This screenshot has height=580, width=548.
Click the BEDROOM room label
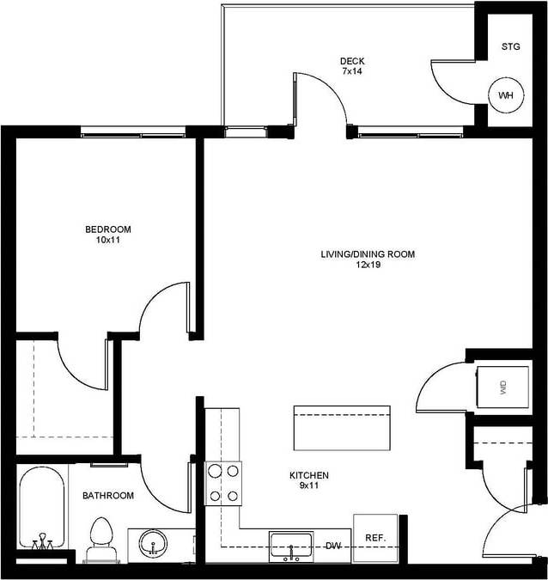107,229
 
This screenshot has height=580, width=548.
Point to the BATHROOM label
107,496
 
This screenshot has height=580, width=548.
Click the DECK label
352,60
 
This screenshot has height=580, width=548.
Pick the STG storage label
511,46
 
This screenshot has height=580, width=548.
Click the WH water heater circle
506,95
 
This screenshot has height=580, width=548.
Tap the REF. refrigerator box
375,538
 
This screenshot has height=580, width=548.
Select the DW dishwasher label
332,546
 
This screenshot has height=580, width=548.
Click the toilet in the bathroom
100,538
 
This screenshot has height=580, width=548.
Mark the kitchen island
341,427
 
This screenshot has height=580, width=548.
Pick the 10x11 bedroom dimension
107,241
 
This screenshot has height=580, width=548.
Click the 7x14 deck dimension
352,71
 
